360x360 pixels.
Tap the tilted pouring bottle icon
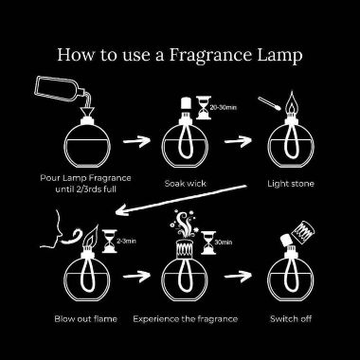tap(60, 88)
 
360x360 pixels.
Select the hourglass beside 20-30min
tap(203, 108)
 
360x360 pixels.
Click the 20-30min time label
tap(224, 108)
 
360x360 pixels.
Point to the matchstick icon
tap(269, 103)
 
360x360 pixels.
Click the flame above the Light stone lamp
tap(291, 103)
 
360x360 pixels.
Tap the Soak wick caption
tap(186, 184)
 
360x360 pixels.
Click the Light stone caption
tap(291, 184)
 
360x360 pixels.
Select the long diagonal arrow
tap(181, 200)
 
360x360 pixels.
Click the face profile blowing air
tap(52, 228)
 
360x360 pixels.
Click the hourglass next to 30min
tap(208, 243)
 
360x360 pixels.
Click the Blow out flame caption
tap(85, 319)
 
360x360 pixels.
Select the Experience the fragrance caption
tap(185, 319)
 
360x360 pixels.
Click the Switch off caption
tap(291, 319)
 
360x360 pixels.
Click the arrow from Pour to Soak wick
tap(136, 141)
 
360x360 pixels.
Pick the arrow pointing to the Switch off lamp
tap(238, 276)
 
